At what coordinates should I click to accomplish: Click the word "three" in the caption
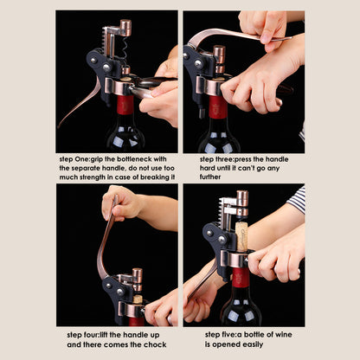pyautogui.click(x=225, y=159)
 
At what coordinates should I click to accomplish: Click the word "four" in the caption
pyautogui.click(x=93, y=333)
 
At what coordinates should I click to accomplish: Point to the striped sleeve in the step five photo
pyautogui.click(x=297, y=199)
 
